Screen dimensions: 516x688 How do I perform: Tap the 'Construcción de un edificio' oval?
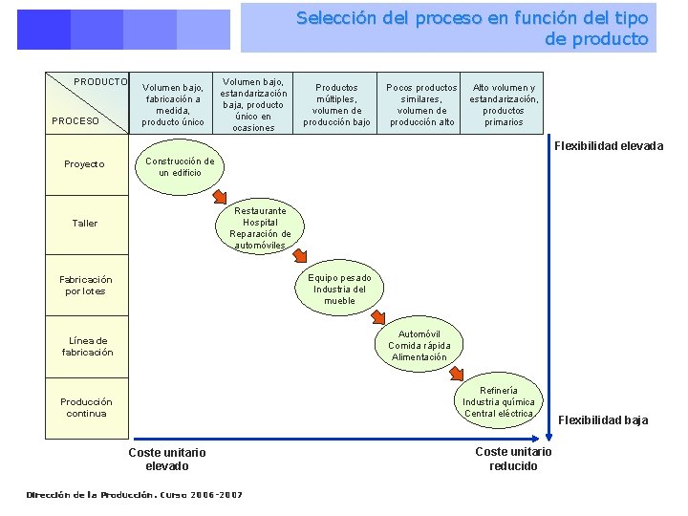180,167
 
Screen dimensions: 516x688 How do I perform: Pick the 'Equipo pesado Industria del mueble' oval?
339,289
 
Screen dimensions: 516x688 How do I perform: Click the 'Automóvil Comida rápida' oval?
419,346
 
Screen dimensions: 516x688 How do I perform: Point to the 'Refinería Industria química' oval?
499,402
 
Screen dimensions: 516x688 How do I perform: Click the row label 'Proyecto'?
85,164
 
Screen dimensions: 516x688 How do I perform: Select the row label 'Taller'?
85,224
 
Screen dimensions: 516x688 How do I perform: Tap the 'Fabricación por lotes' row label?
85,286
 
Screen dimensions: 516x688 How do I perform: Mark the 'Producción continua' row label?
86,407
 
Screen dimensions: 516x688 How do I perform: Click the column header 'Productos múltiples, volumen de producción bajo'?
336,104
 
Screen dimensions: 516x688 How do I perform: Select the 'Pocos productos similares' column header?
421,104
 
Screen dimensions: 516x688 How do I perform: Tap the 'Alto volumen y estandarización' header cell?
504,104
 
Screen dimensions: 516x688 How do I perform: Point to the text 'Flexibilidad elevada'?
609,146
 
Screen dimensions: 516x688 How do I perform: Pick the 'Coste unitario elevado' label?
167,459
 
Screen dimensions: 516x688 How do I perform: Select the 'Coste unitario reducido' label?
513,459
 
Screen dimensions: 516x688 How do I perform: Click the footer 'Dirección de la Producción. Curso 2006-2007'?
135,495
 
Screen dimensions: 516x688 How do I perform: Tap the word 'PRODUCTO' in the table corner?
100,82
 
